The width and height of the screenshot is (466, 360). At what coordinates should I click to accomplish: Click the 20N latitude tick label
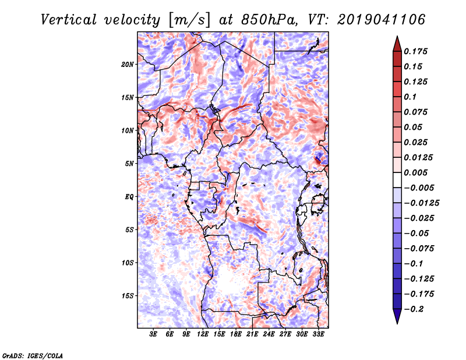(128, 65)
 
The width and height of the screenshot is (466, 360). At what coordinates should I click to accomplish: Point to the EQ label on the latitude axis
(129, 197)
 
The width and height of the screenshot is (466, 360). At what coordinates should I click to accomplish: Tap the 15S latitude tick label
(128, 296)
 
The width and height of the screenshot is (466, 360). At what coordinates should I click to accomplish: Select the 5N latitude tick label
(129, 164)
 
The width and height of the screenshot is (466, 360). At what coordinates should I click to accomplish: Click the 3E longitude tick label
(153, 334)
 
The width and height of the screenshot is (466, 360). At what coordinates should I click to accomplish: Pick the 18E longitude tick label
(236, 334)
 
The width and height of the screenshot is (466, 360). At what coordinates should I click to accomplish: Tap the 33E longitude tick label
(318, 334)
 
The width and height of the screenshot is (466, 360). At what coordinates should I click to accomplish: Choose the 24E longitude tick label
(269, 334)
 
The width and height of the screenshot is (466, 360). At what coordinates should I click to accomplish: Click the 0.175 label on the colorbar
(415, 51)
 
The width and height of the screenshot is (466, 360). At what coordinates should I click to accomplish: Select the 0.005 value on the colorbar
(415, 172)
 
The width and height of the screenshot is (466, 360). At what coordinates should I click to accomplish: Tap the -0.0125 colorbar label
(421, 203)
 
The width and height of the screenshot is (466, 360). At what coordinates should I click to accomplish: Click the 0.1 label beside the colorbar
(410, 97)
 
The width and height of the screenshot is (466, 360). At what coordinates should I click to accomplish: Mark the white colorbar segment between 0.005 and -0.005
(397, 180)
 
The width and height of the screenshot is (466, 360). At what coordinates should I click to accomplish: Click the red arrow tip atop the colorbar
(397, 36)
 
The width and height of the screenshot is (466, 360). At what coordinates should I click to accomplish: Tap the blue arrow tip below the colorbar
(397, 324)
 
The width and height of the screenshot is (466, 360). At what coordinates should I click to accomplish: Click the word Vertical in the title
(69, 20)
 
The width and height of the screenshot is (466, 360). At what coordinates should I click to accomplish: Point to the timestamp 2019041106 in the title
(382, 20)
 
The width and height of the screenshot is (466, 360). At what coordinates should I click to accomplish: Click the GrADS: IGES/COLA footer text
(33, 355)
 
